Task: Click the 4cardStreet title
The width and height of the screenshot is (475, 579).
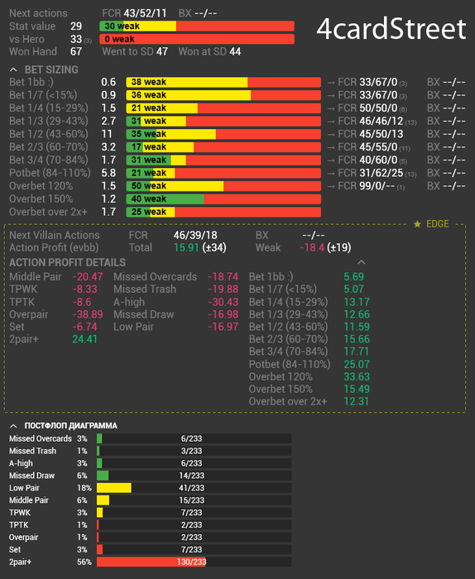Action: click(x=391, y=29)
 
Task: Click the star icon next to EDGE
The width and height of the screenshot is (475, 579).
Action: click(x=417, y=224)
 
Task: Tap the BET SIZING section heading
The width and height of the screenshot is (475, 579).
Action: click(x=51, y=69)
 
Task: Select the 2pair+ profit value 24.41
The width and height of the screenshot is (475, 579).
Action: click(x=84, y=339)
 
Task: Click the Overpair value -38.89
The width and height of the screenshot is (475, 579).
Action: click(x=88, y=314)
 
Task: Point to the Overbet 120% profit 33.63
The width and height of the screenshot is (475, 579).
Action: click(x=357, y=376)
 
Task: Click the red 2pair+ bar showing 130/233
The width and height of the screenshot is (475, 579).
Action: click(x=151, y=562)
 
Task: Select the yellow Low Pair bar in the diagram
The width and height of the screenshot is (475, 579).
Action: click(x=113, y=488)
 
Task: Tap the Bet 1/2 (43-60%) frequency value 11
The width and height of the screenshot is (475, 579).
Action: click(x=107, y=134)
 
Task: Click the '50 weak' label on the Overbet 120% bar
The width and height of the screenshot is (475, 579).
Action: click(x=148, y=186)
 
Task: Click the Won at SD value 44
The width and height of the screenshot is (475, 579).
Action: click(x=235, y=51)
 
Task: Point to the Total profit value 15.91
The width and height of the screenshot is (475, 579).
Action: click(x=186, y=247)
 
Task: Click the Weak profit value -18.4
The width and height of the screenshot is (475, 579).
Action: click(x=312, y=247)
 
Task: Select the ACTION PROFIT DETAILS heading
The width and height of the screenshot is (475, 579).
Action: click(x=67, y=262)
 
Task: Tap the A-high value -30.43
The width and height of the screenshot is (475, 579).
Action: click(x=223, y=302)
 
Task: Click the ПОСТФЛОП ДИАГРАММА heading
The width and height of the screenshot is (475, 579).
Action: click(x=70, y=426)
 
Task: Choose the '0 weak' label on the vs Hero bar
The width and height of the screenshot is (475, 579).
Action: click(x=119, y=39)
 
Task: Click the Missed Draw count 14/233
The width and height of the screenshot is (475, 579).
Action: click(x=191, y=476)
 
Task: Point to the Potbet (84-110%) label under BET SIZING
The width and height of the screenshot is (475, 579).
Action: click(x=50, y=173)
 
